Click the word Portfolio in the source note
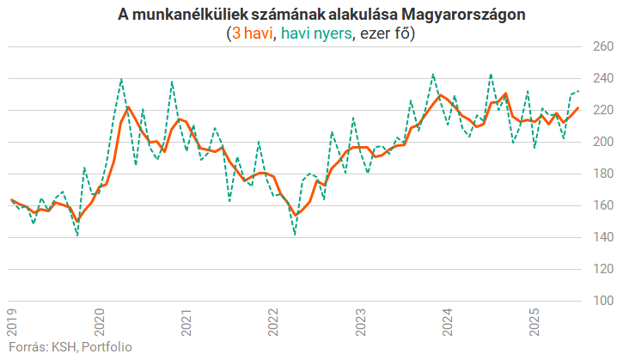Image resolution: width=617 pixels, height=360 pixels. coord(107,347)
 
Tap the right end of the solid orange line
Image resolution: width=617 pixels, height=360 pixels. coord(578,107)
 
